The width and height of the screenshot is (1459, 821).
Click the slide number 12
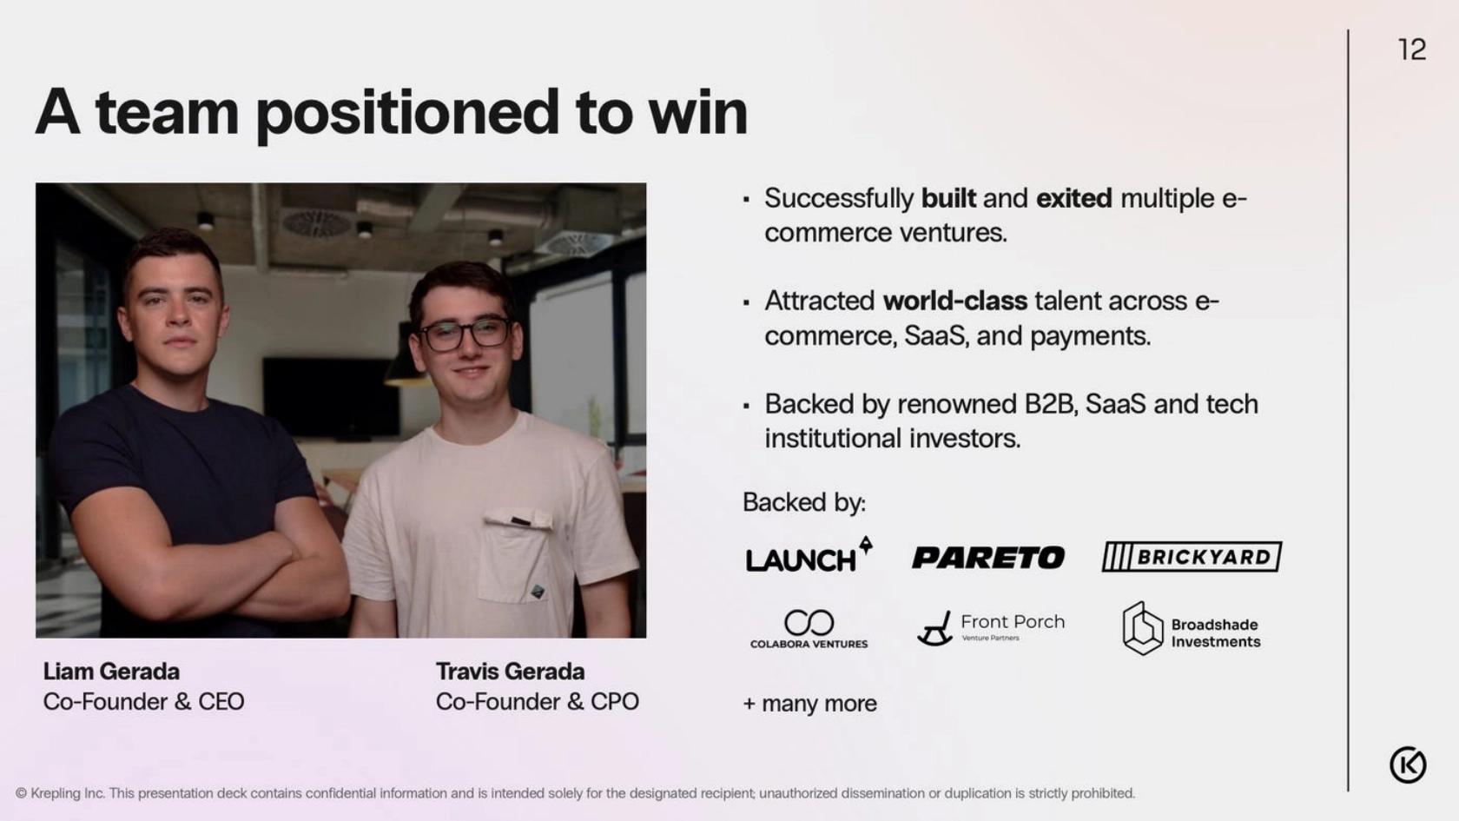(1411, 50)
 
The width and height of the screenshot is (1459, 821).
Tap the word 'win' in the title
(697, 113)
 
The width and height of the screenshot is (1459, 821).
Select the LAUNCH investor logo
(809, 555)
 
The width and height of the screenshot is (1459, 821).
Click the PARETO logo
(988, 558)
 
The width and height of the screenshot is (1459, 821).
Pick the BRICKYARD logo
(1192, 557)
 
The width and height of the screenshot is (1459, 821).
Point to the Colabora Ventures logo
(809, 629)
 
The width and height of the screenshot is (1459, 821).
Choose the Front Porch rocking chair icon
(934, 629)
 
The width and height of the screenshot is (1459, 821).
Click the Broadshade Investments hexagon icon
(1143, 628)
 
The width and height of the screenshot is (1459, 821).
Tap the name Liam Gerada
(111, 672)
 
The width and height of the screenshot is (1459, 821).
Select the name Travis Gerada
(510, 672)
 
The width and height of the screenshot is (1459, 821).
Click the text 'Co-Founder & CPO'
(538, 702)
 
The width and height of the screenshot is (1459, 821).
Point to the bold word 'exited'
(1074, 198)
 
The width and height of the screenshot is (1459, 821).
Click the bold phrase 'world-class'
(955, 301)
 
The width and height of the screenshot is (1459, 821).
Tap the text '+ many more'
(809, 704)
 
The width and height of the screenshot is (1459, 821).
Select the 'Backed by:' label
(804, 502)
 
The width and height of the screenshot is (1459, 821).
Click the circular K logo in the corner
(1408, 765)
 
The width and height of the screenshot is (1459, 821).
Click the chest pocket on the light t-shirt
(516, 557)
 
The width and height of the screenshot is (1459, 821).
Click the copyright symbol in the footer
(22, 794)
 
